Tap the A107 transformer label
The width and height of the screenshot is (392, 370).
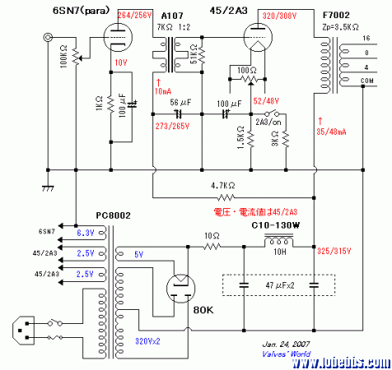(173, 16)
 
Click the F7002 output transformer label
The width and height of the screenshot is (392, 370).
(340, 16)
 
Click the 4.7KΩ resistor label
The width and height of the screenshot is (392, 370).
(222, 186)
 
